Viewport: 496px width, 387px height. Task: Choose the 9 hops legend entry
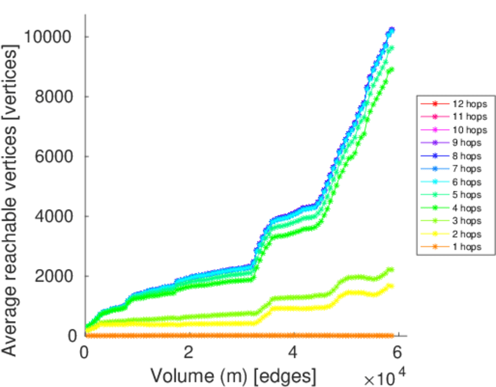(x=460, y=143)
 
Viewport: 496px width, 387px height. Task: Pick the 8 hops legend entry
(x=460, y=155)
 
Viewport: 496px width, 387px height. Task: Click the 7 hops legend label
(x=460, y=168)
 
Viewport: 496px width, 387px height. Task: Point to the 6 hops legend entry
(x=460, y=181)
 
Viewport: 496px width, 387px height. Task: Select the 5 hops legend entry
(x=460, y=194)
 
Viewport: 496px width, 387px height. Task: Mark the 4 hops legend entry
(x=460, y=208)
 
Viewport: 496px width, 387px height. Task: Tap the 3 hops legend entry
(x=460, y=221)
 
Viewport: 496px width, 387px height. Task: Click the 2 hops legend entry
(x=460, y=233)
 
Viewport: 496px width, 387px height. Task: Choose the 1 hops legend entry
(x=460, y=246)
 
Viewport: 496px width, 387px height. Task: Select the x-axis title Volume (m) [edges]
(x=234, y=375)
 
